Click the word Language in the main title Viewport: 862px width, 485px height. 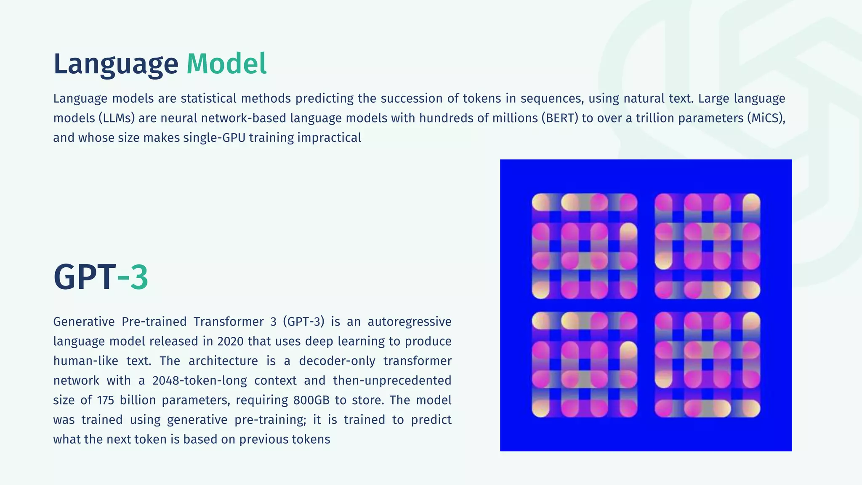pyautogui.click(x=116, y=64)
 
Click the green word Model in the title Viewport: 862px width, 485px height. pyautogui.click(x=226, y=64)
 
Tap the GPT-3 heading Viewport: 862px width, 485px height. pyautogui.click(x=101, y=277)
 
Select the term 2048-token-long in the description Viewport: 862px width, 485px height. pyautogui.click(x=200, y=381)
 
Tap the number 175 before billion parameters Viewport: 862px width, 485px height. pyautogui.click(x=106, y=400)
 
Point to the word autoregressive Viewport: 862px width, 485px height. pyautogui.click(x=409, y=322)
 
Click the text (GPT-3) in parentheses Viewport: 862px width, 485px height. pyautogui.click(x=303, y=322)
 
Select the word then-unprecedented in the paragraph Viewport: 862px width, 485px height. pyautogui.click(x=392, y=381)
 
